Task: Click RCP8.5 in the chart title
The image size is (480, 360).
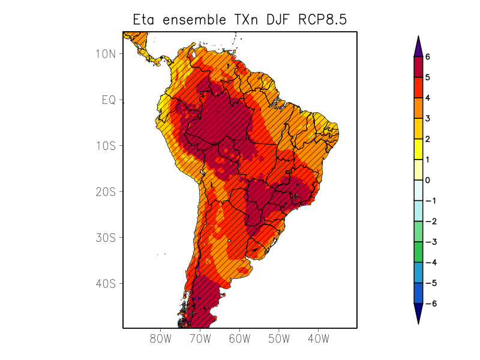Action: click(322, 20)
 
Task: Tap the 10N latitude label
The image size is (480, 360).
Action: click(106, 53)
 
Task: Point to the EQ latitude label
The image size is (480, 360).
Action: click(109, 100)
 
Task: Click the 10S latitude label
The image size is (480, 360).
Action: click(106, 146)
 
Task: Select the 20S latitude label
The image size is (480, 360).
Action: click(106, 192)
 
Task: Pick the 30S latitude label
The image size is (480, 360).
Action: click(106, 238)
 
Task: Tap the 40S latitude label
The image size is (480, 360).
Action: click(106, 283)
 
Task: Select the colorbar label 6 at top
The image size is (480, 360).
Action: click(428, 56)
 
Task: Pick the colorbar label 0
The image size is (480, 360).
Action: click(428, 180)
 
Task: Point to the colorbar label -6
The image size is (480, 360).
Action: click(430, 304)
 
